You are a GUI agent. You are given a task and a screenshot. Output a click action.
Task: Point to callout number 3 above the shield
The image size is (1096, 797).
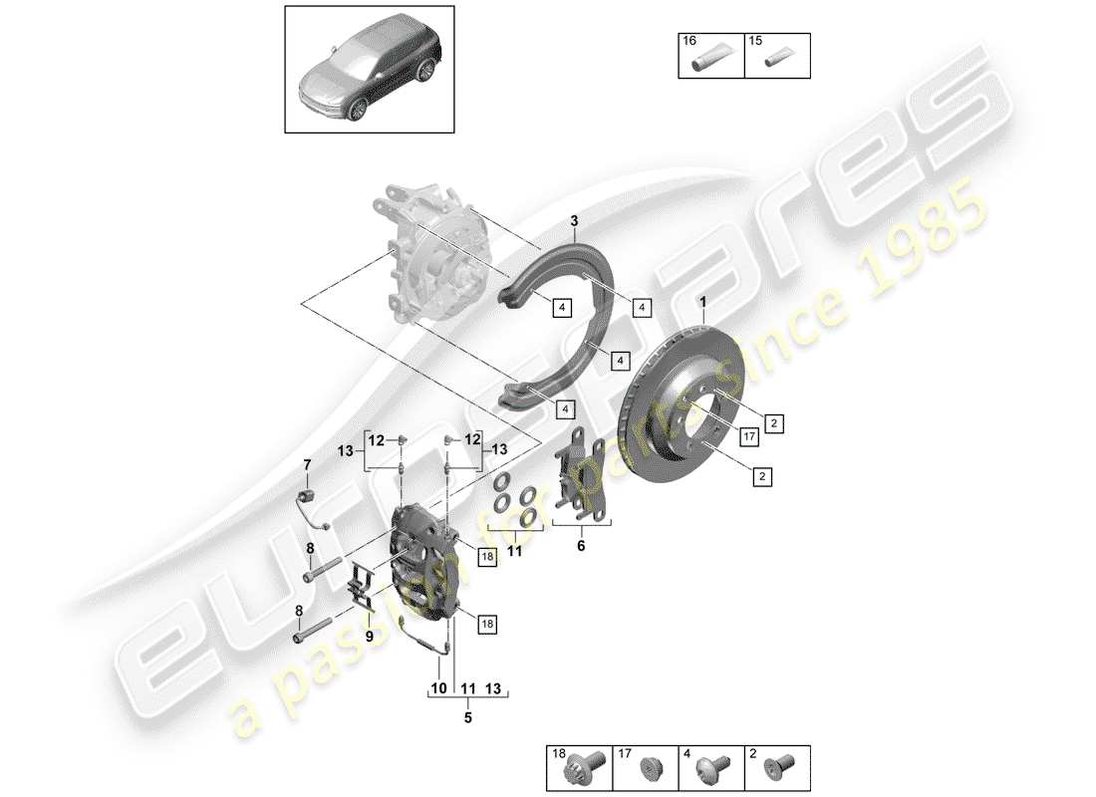pos(574,221)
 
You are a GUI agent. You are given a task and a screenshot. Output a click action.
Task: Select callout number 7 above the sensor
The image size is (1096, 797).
pos(307,464)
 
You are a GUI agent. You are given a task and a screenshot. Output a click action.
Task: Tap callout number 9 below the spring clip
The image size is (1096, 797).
pos(370,635)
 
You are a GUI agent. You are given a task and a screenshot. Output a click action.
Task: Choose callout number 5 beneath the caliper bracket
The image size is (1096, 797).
pos(467,714)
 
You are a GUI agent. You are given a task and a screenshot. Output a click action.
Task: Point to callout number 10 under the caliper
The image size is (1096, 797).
pos(435,688)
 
